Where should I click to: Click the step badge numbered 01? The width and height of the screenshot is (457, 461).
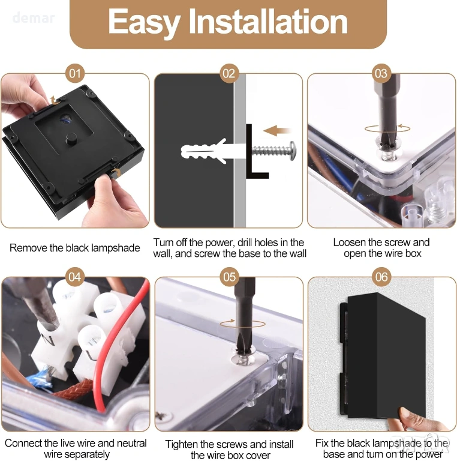(x=74, y=73)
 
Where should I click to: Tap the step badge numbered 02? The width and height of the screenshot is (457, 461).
(x=228, y=73)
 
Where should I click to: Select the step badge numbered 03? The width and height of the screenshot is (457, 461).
(x=381, y=73)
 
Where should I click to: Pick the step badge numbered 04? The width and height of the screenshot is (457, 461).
(x=74, y=277)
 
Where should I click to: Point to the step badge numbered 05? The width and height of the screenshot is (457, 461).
(x=229, y=277)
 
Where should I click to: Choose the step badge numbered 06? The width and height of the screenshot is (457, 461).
(x=381, y=277)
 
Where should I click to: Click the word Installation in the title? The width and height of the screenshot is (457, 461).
(x=268, y=22)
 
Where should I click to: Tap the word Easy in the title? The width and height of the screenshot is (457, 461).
(x=143, y=23)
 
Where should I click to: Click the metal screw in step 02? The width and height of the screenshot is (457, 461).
(x=273, y=151)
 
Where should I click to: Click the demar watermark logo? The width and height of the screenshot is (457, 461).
(x=34, y=17)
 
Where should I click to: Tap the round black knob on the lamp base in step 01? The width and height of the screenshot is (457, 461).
(x=71, y=139)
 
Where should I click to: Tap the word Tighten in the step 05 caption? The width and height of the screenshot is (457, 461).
(x=181, y=444)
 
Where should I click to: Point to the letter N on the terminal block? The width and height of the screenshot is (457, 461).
(x=49, y=341)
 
